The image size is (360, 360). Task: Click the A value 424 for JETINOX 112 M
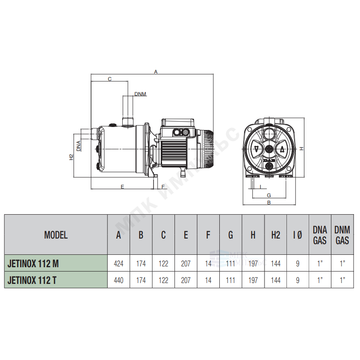pos(118,263)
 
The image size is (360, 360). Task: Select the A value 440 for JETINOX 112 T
pos(118,280)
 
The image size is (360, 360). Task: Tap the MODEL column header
pos(56,235)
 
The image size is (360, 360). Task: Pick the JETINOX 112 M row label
pos(33,263)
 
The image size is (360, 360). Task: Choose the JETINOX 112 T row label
pos(32,280)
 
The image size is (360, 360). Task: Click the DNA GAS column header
pos(320,235)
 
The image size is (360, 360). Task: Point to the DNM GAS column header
pos(342,235)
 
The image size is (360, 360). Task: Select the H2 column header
pos(275,235)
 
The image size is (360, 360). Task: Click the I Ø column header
pos(298,235)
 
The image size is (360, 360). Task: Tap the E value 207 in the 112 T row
pos(186,280)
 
